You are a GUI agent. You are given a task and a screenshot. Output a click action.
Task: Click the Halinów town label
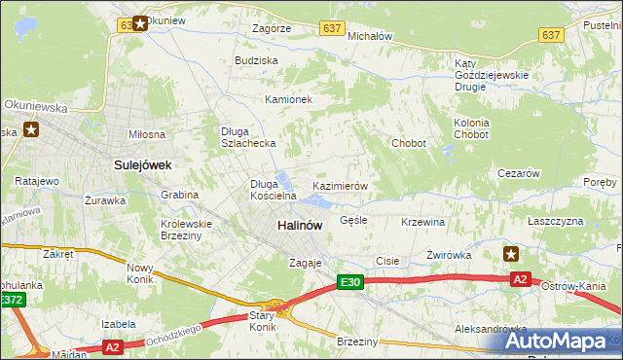300,225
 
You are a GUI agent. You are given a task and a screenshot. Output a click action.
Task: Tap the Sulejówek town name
143,165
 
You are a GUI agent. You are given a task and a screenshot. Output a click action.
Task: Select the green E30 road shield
350,282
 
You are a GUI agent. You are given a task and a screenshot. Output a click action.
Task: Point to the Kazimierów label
339,185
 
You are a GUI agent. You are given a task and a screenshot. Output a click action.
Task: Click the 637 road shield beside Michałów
333,28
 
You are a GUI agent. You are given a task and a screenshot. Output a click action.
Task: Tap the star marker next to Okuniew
140,22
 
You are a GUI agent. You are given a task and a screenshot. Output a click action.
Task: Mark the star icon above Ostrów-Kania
511,254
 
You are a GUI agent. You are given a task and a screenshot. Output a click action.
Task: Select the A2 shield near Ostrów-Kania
521,279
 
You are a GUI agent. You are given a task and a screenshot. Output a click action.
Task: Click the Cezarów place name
518,173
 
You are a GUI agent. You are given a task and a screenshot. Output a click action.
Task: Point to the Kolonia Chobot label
471,128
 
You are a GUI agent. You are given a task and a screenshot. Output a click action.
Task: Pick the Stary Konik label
261,321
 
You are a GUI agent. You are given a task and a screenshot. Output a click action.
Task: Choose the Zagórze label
272,29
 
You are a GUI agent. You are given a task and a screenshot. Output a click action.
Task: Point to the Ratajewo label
37,181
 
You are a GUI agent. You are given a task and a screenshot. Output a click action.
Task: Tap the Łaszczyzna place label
555,222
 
